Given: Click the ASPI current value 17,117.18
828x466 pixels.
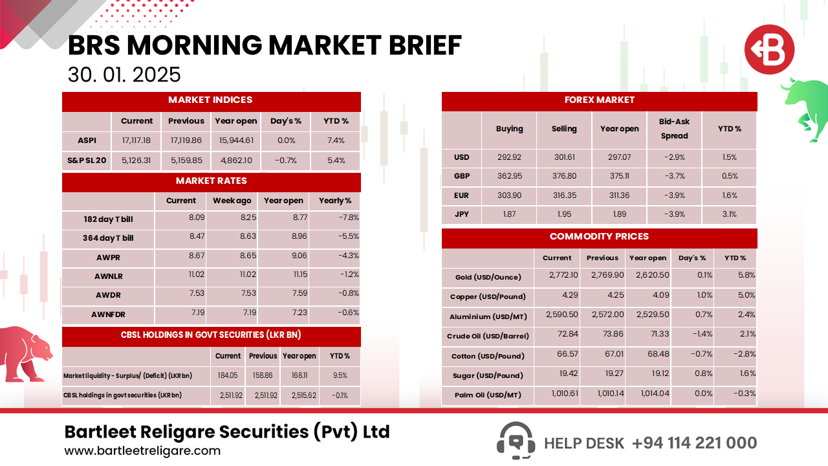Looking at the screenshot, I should click(136, 140).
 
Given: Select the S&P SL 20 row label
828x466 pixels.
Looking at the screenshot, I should click(86, 161).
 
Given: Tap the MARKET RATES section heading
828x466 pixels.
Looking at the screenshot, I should click(211, 181).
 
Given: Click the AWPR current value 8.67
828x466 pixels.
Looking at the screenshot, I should click(196, 256).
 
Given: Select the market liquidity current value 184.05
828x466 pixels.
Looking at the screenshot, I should click(228, 375).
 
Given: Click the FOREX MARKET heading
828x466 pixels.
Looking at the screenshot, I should click(599, 100).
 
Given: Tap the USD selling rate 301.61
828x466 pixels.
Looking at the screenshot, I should click(563, 157).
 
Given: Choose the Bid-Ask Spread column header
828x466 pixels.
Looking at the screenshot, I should click(674, 129).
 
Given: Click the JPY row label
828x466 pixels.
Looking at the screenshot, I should click(461, 214).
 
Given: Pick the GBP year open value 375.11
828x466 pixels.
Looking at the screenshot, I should click(619, 176).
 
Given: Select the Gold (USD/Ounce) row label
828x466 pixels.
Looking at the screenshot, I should click(488, 277).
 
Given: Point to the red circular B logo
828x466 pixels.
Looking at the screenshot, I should click(768, 50).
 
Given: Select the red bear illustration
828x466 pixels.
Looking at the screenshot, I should click(26, 353).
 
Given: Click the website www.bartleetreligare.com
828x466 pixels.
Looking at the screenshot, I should click(142, 451).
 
